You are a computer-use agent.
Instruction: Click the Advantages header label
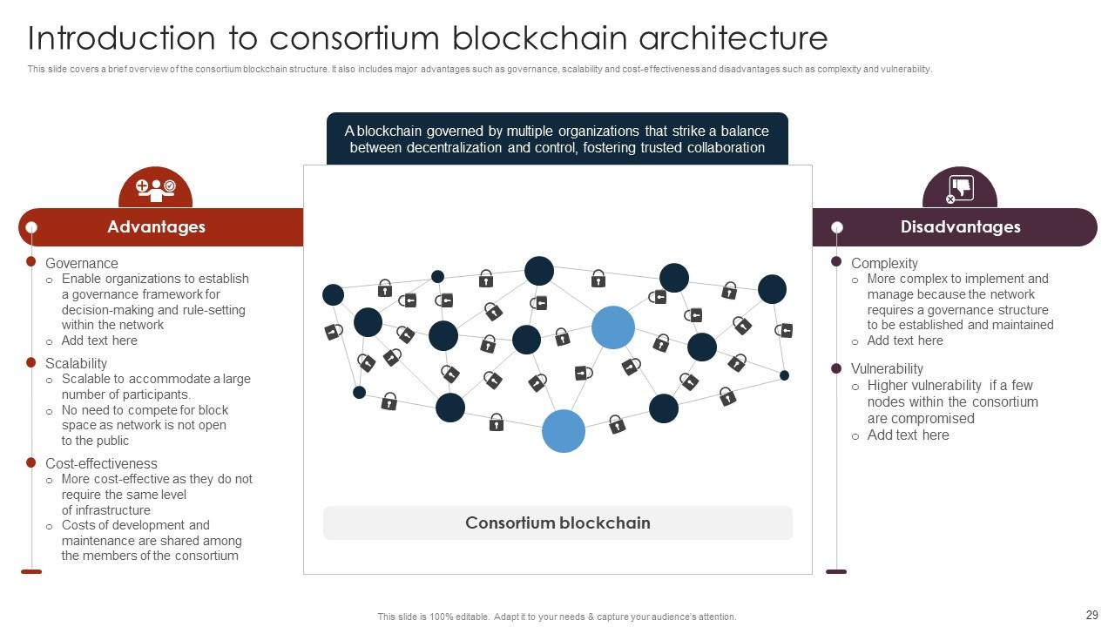156,227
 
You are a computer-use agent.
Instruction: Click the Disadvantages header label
961,227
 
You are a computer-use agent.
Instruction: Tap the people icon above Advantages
156,189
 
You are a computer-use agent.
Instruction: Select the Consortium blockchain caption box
557,523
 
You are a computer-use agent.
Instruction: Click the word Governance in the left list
81,263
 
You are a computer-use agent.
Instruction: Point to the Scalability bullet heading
76,363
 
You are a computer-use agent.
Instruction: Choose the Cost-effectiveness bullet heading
101,463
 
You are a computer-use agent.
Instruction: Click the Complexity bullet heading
884,263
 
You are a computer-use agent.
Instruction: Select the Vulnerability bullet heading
887,368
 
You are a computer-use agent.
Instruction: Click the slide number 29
1091,615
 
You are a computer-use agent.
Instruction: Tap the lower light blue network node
564,431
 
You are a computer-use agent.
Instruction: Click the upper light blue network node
613,327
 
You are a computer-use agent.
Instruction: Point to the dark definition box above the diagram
557,139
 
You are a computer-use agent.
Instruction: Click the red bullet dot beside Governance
31,261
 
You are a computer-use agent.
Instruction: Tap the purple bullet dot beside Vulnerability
836,368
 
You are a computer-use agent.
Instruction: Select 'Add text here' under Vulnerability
908,435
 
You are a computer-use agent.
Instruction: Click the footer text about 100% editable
557,617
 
